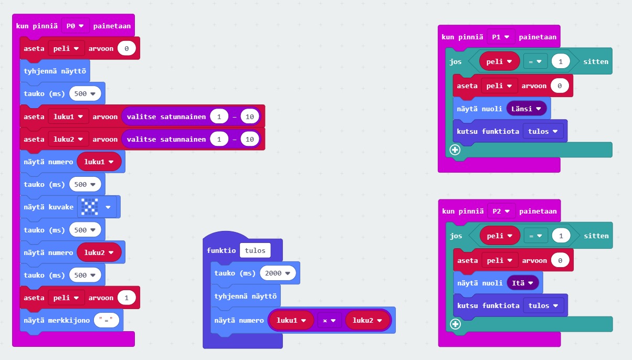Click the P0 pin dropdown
(75, 26)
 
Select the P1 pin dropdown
(501, 37)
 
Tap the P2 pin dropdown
(501, 211)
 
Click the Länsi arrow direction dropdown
(526, 109)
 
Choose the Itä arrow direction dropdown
(522, 283)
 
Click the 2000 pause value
(278, 273)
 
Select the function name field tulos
(255, 250)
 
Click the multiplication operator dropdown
(329, 321)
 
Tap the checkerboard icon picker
(96, 207)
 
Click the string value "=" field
(107, 320)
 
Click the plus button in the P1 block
(455, 150)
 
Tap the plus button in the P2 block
(456, 324)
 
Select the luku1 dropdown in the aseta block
(68, 117)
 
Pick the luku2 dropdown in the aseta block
(68, 139)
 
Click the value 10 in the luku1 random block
(250, 117)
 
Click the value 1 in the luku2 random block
(219, 139)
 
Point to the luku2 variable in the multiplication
(367, 321)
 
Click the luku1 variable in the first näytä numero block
(99, 162)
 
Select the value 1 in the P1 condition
(561, 61)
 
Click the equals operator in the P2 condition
(535, 236)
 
